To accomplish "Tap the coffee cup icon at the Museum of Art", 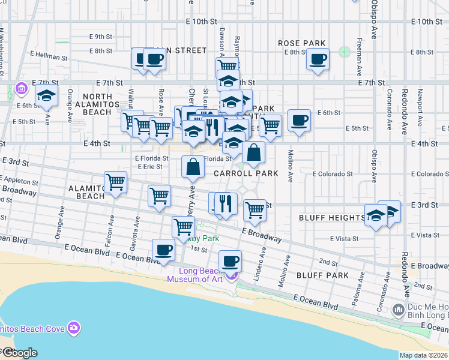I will pyautogui.click(x=229, y=262).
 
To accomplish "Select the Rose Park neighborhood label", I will pyautogui.click(x=302, y=43).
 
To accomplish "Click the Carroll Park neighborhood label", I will pyautogui.click(x=246, y=173).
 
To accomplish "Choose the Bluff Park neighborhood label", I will pyautogui.click(x=322, y=275).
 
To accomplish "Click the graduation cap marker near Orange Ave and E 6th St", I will pyautogui.click(x=46, y=95).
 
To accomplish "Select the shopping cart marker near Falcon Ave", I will pyautogui.click(x=115, y=182).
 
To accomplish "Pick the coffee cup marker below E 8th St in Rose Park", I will pyautogui.click(x=318, y=59).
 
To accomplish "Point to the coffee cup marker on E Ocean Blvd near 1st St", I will pyautogui.click(x=163, y=250).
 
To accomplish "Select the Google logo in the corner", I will pyautogui.click(x=19, y=353).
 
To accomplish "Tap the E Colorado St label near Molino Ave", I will pyautogui.click(x=333, y=174).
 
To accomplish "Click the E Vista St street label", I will pyautogui.click(x=343, y=239).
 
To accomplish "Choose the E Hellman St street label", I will pyautogui.click(x=50, y=58).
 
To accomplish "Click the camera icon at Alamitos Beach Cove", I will pyautogui.click(x=74, y=328).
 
